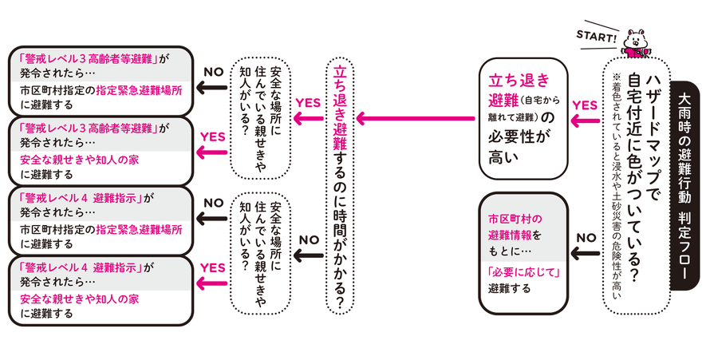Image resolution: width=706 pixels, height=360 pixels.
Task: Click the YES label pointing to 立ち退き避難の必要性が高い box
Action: point(585,105)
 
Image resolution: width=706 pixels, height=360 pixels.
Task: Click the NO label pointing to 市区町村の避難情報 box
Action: point(586,237)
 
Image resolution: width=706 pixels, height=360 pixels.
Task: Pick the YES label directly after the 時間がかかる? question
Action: point(307,103)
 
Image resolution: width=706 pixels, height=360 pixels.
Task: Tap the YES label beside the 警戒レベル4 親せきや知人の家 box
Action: point(213,268)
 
